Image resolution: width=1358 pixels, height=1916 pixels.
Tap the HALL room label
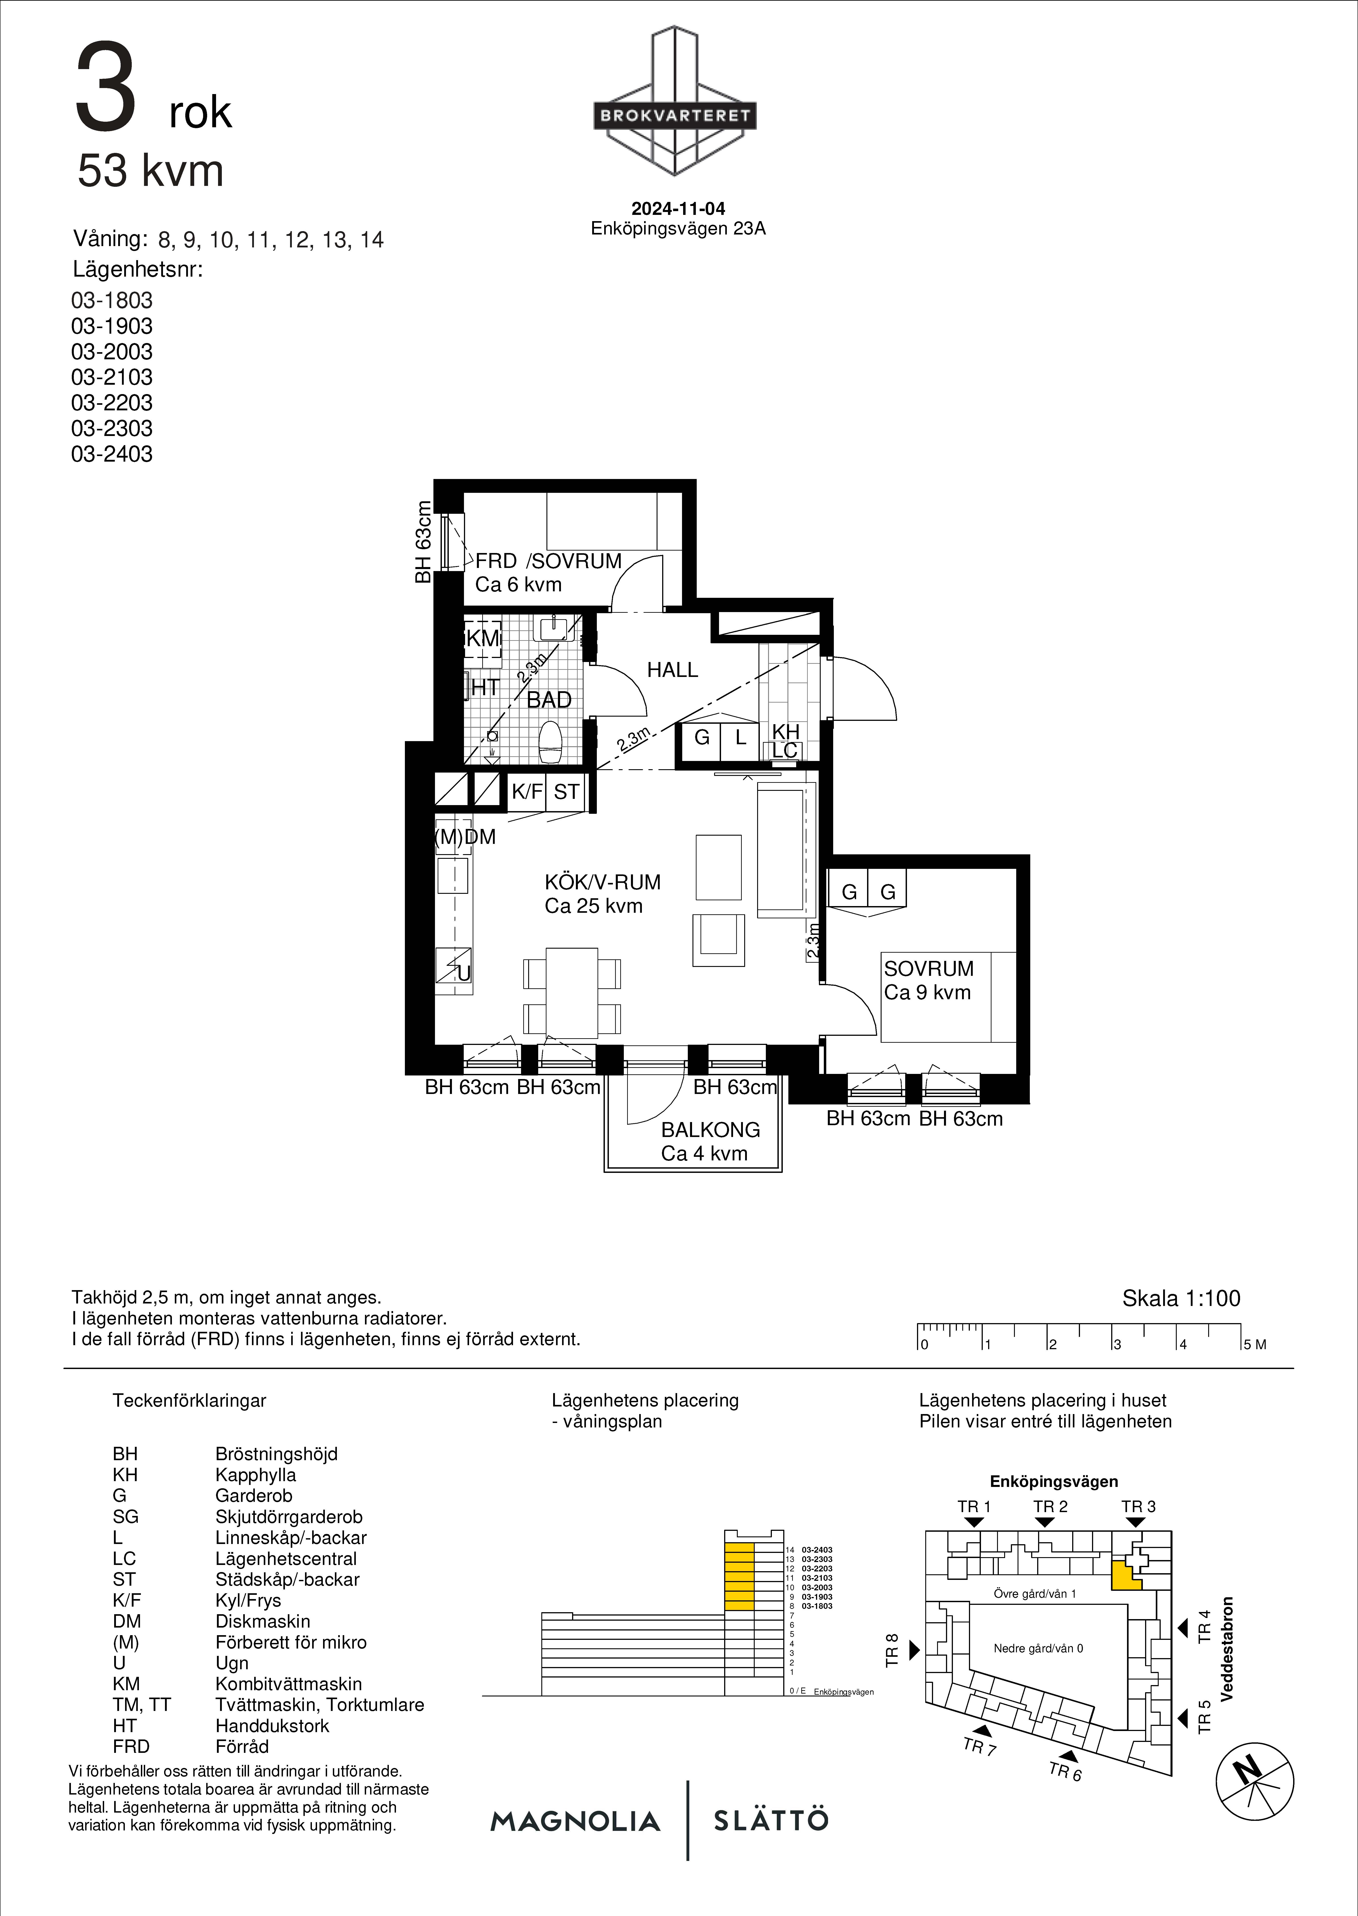[x=672, y=670]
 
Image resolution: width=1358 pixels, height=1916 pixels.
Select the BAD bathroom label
[x=549, y=700]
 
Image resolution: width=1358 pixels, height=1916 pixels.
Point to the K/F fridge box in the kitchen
[x=527, y=792]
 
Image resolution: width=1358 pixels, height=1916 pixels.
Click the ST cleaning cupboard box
[x=566, y=792]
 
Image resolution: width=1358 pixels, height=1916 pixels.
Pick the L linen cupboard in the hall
[x=740, y=738]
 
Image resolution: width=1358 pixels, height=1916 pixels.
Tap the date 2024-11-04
[x=678, y=209]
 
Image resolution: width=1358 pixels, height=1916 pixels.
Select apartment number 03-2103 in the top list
[x=112, y=377]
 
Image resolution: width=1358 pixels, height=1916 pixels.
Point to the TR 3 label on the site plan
[x=1138, y=1506]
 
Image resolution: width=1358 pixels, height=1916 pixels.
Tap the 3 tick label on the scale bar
[x=1116, y=1345]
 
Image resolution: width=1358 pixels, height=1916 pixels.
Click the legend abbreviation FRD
[x=131, y=1746]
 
